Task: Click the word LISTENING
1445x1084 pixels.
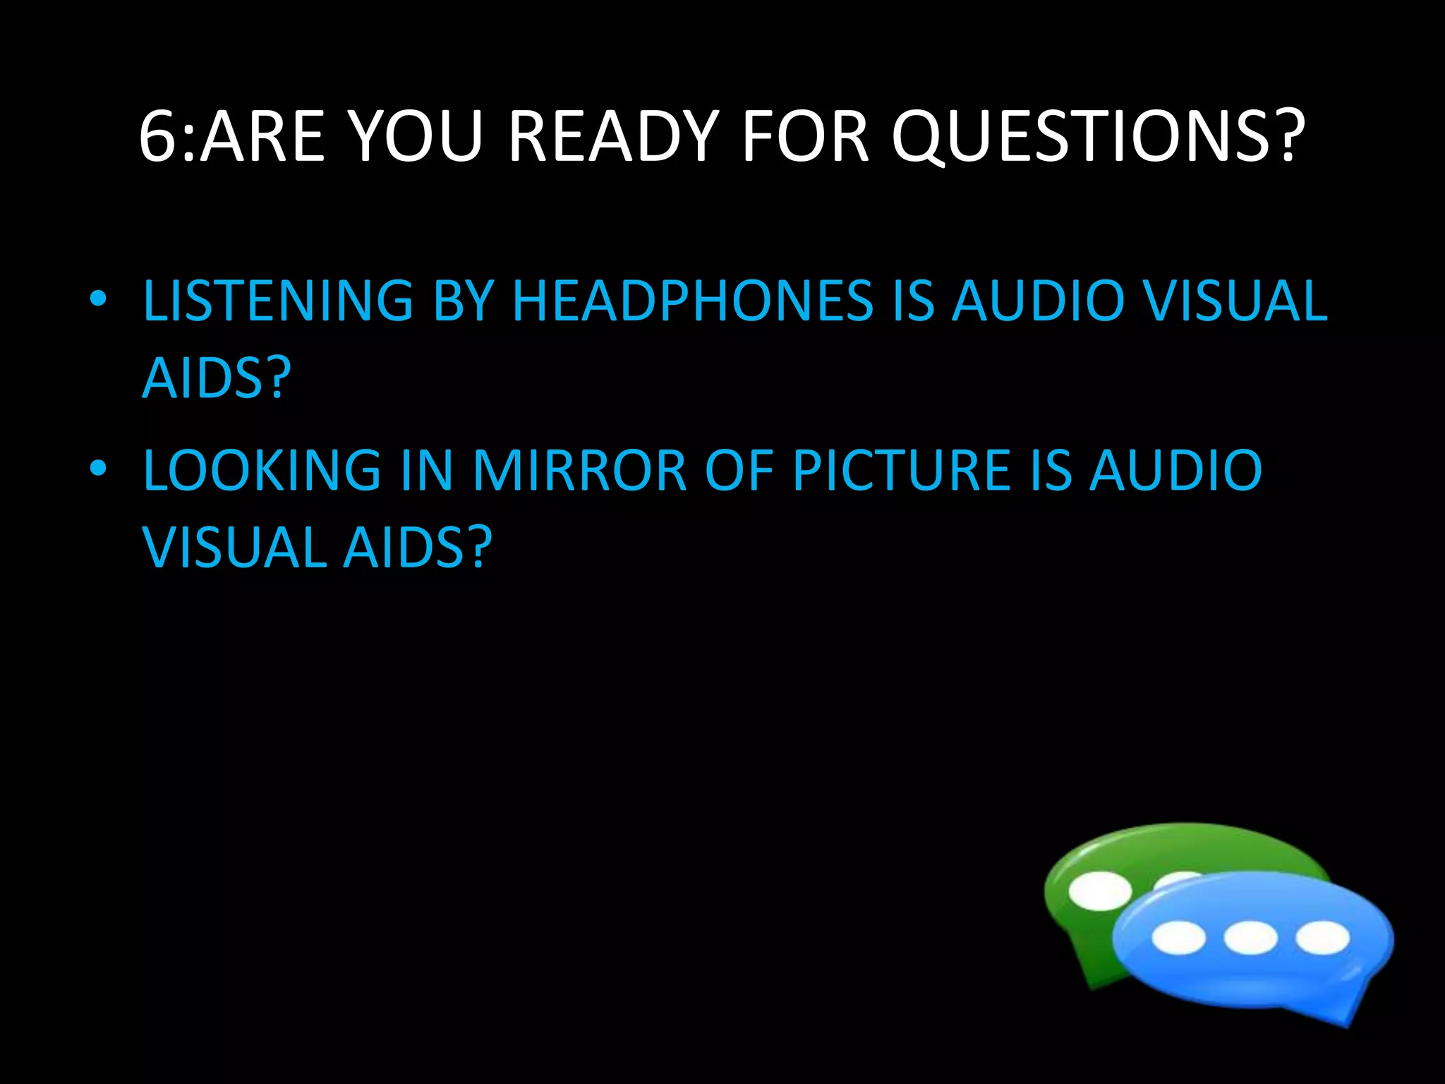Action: pos(277,301)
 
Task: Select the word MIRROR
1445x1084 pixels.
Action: pos(579,471)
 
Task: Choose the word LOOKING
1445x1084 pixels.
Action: pos(262,471)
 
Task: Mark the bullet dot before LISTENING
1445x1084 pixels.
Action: pos(98,299)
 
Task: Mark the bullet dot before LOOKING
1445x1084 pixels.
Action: pos(98,468)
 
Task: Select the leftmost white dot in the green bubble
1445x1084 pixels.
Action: pos(1099,891)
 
